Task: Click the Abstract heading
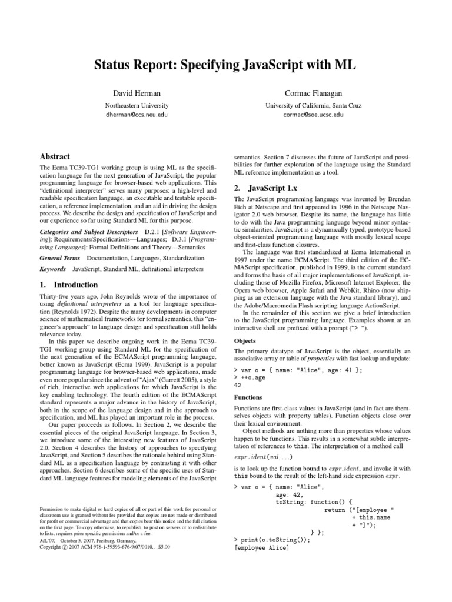(x=54, y=157)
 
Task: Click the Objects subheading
(x=245, y=340)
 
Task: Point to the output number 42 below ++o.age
(x=238, y=386)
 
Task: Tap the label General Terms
(x=59, y=258)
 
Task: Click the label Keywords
(x=52, y=269)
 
